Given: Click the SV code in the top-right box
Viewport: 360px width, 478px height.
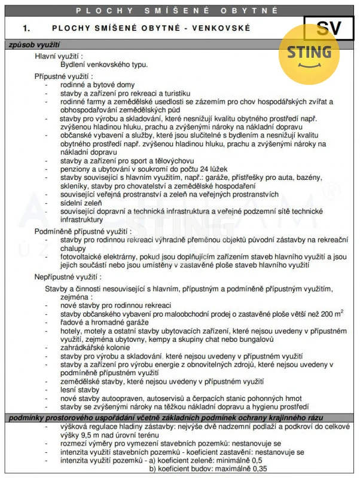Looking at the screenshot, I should pos(331,27).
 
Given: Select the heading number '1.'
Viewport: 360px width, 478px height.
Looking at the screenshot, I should pos(26,27).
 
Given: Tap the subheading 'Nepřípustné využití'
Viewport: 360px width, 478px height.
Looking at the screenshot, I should pos(67,277).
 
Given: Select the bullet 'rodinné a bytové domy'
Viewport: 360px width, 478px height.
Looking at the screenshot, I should pos(97,85).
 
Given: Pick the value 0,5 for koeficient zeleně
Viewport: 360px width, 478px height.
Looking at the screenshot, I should pos(256,461).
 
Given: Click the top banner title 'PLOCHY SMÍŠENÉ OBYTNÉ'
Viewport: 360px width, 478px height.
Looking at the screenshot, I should pos(179,11).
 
